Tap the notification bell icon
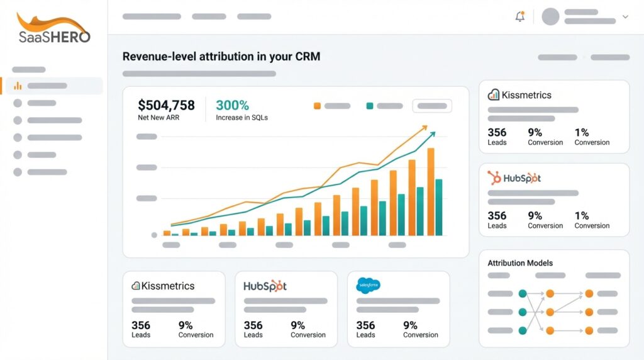(x=520, y=17)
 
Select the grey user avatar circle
(x=550, y=17)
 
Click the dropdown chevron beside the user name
(x=625, y=17)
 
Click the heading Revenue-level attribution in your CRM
(x=221, y=57)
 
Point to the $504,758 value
(x=166, y=105)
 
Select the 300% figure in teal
(x=232, y=105)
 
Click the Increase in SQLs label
(x=241, y=118)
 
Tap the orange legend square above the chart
(x=317, y=106)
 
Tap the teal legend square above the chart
(x=370, y=106)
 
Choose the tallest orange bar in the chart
(x=431, y=192)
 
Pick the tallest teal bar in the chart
(x=438, y=207)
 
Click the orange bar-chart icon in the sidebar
(x=18, y=86)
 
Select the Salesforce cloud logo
(x=368, y=285)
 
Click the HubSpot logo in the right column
(x=514, y=178)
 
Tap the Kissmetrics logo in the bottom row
(x=163, y=286)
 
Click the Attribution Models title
(x=520, y=263)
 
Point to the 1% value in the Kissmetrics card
(x=581, y=132)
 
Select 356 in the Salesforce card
(x=365, y=325)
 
